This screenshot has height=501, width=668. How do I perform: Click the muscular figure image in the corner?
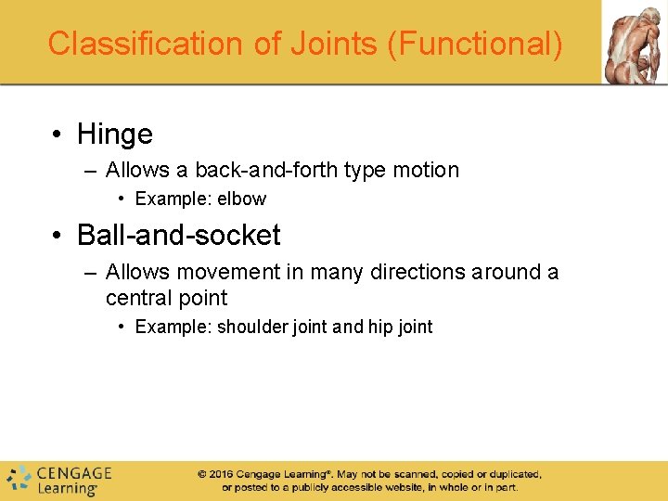click(x=635, y=43)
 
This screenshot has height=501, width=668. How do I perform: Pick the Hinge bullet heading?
click(x=115, y=135)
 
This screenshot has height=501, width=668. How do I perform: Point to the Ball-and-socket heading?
click(x=178, y=236)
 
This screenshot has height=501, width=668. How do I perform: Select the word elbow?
click(x=241, y=199)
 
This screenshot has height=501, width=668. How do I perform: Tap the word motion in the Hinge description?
click(x=426, y=170)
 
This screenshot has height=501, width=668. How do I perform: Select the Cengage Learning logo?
click(x=58, y=479)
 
